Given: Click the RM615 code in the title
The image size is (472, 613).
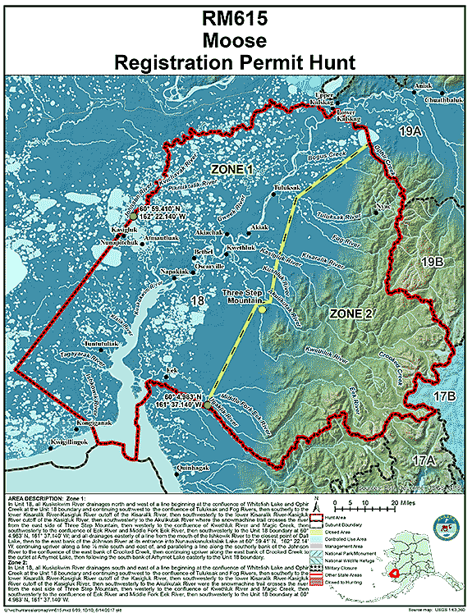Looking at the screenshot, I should (236, 17).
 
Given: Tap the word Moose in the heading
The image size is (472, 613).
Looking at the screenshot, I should (236, 39).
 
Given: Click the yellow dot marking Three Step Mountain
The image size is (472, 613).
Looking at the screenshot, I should (261, 309).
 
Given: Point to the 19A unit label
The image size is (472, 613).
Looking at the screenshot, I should (433, 130).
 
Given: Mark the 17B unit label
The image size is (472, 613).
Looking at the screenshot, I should (444, 396).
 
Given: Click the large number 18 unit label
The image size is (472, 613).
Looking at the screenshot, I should (197, 302).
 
